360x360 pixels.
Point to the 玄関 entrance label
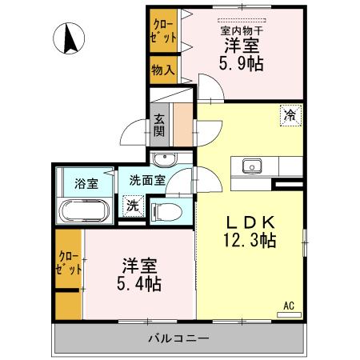tap(160, 123)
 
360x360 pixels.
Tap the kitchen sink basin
tap(250, 166)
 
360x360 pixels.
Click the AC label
tap(289, 305)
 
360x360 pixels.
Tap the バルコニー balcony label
tap(178, 338)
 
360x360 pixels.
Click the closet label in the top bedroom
tap(162, 30)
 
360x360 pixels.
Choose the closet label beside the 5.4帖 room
tap(68, 262)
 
